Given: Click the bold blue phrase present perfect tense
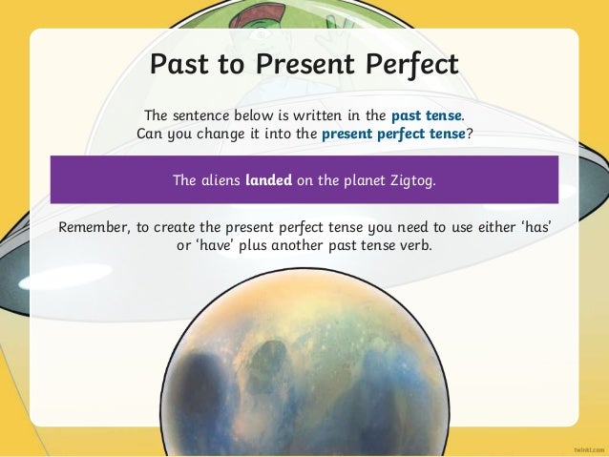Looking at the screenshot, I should (x=393, y=134).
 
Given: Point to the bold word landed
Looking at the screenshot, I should (x=268, y=177).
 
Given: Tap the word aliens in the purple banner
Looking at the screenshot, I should (x=221, y=177).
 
